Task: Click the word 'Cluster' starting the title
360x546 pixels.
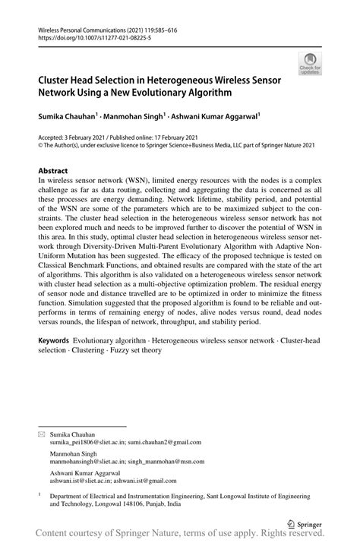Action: (x=55, y=79)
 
